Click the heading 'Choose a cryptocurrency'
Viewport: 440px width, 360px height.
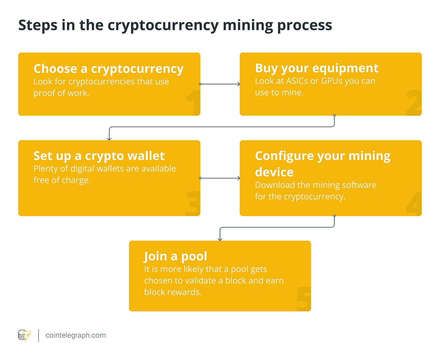108,69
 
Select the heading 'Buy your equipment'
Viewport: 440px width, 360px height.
317,68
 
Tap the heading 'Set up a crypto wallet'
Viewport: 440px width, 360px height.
99,156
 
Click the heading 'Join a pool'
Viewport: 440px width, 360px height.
175,256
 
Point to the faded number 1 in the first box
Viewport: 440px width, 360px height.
193,103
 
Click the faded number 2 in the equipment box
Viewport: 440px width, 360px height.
414,103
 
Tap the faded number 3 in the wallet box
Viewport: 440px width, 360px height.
193,203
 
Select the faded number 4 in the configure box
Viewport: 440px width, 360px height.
414,203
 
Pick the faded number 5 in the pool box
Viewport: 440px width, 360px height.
304,299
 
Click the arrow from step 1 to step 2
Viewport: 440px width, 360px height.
220,84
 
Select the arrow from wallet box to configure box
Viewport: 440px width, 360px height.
220,178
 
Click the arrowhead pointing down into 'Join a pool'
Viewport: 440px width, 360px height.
220,239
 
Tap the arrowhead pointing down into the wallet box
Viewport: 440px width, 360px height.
109,139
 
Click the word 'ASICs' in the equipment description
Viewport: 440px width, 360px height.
297,81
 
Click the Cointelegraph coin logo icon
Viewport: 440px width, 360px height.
24,335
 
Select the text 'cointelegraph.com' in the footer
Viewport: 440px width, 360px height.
76,335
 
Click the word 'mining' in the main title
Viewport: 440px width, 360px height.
248,25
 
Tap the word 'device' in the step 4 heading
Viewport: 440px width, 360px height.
274,172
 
